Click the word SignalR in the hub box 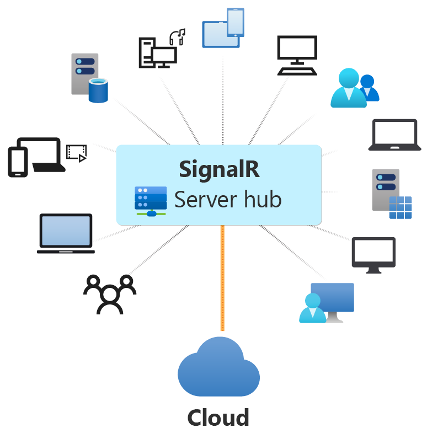click(x=219, y=170)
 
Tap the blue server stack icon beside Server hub click(x=151, y=201)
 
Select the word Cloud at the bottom click(x=218, y=418)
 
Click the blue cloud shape click(x=218, y=367)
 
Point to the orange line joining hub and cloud click(x=222, y=278)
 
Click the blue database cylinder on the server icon click(x=98, y=90)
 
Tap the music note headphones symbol click(x=177, y=37)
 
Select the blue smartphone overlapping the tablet click(x=236, y=23)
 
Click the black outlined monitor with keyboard click(x=297, y=56)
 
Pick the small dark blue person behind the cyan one click(x=368, y=88)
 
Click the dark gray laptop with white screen click(x=394, y=135)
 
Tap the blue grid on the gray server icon click(x=401, y=207)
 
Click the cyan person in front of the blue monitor click(x=313, y=308)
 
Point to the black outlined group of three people click(x=110, y=294)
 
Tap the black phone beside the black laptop click(x=18, y=162)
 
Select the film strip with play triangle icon click(x=77, y=153)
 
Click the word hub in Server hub click(x=263, y=199)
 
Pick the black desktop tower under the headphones click(x=147, y=53)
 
